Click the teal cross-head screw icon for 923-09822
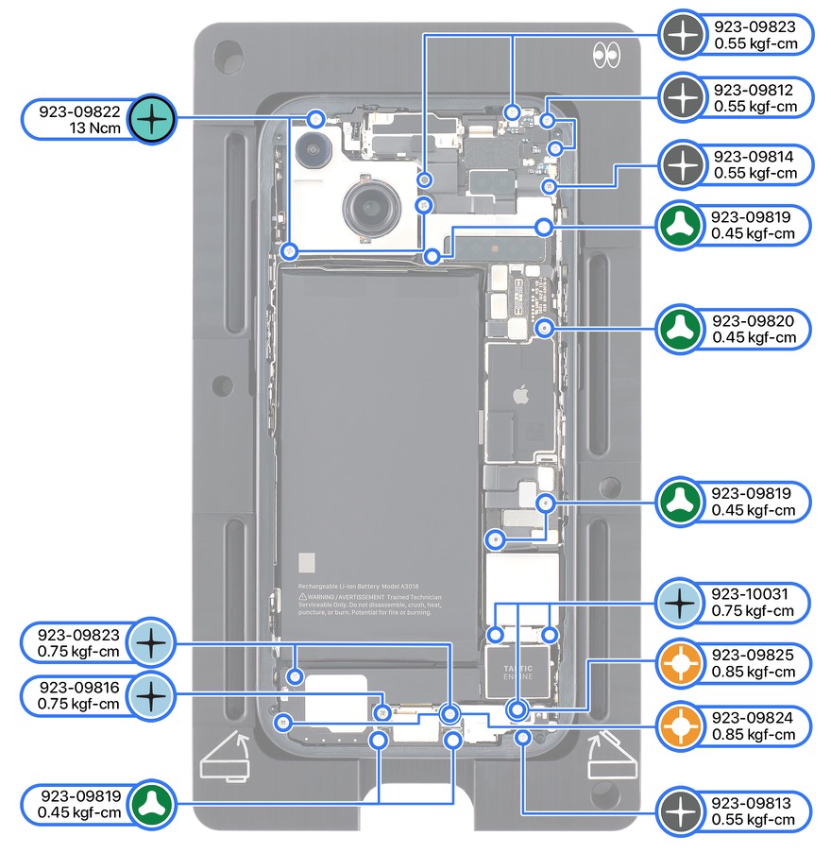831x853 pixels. (x=150, y=119)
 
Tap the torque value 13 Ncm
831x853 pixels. (x=95, y=128)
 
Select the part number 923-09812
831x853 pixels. (x=755, y=90)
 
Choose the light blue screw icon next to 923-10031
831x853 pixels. (x=680, y=602)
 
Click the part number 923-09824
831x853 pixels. (x=754, y=718)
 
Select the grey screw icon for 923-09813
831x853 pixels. (x=680, y=811)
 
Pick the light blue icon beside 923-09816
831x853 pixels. (x=150, y=695)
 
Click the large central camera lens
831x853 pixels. (x=369, y=205)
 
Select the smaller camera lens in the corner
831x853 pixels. (x=311, y=149)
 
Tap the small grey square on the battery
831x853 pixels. (x=306, y=563)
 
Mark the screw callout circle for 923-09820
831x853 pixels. (x=544, y=328)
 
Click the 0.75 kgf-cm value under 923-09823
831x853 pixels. (x=78, y=652)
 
